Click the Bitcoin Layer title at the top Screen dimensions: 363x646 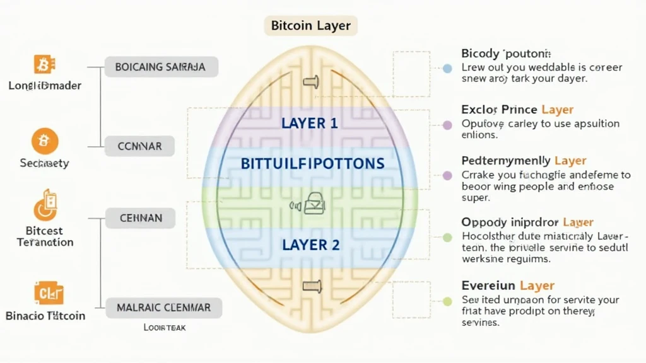(310, 26)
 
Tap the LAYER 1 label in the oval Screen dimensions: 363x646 (310, 123)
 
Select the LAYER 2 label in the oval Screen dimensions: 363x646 (310, 245)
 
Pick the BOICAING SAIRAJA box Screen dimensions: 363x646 (160, 67)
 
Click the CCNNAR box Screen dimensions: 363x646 (140, 146)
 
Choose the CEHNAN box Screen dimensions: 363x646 (141, 218)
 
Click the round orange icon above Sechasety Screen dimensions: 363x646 (45, 141)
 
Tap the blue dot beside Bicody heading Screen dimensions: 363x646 (447, 68)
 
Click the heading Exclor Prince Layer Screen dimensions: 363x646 (517, 109)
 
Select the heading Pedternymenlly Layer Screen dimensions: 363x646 (524, 161)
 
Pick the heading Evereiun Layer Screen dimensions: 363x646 (508, 285)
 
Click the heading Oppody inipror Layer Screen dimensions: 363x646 (527, 222)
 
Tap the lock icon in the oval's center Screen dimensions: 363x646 (312, 204)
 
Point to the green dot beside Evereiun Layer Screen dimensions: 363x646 (447, 301)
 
